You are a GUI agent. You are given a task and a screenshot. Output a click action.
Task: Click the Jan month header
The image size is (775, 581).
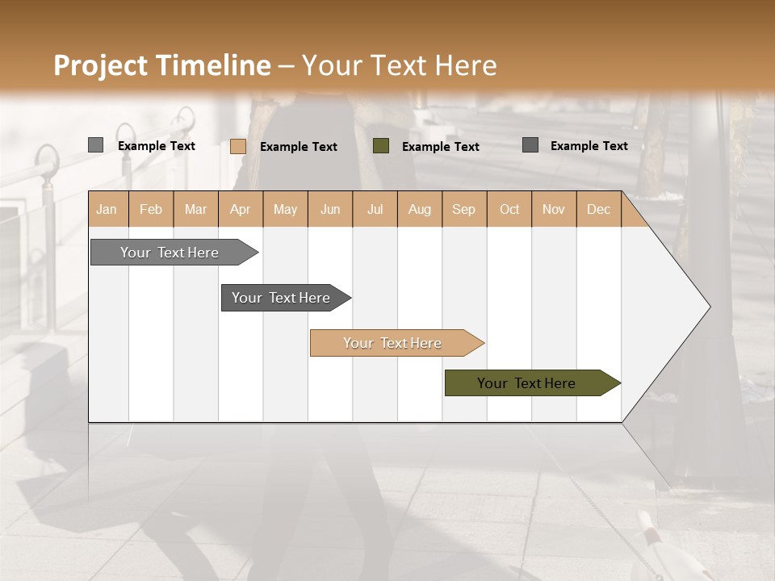coord(107,210)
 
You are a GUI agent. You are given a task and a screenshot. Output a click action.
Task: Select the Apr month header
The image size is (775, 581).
coord(241,210)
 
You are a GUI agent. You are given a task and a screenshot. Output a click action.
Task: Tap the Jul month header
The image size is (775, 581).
coord(375,210)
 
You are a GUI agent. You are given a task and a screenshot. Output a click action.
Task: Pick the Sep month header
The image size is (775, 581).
coord(463,210)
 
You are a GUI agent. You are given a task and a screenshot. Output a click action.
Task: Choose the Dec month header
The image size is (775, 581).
coord(598,210)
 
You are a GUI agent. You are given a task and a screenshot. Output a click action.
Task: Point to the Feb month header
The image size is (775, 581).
coord(151,210)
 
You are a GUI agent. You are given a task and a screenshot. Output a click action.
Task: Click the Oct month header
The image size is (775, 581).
coord(509,210)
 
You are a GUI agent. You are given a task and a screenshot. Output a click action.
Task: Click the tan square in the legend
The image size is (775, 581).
coord(238,146)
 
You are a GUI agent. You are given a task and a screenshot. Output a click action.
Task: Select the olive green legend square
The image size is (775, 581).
coord(381,146)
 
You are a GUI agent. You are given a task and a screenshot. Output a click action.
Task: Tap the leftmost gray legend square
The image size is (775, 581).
coord(95,145)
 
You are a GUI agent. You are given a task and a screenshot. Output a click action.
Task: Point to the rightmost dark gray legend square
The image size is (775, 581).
coord(530,145)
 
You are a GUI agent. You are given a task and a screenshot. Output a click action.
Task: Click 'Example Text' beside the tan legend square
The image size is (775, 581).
coord(299,147)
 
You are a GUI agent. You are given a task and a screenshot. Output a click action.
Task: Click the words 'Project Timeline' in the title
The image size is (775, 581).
coord(161,65)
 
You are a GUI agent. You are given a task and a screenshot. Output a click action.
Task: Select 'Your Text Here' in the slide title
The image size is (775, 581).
coord(399,65)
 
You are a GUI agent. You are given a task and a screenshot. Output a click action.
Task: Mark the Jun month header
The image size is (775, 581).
coord(330,210)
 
